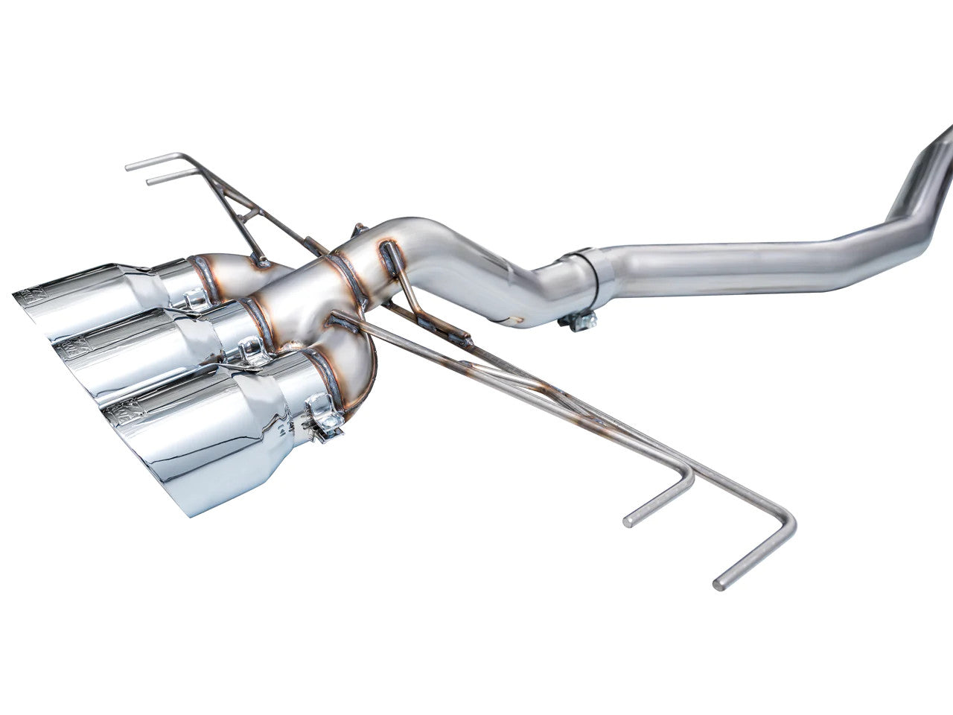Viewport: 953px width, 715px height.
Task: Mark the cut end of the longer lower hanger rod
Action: (x=718, y=585)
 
